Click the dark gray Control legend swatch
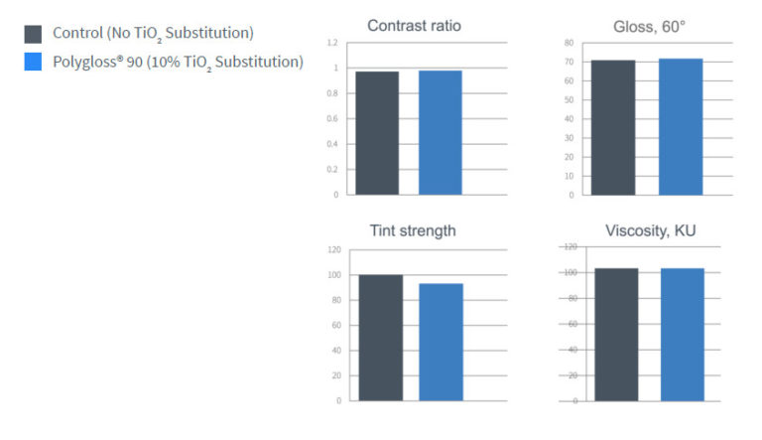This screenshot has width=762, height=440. point(34,35)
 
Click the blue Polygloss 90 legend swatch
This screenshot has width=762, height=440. point(34,63)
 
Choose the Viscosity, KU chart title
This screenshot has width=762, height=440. point(651,230)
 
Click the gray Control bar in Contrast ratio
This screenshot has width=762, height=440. point(378,133)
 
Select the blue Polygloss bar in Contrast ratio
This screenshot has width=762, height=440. point(440,132)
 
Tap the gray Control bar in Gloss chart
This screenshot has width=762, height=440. point(613,127)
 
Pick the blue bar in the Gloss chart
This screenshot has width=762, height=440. point(681,126)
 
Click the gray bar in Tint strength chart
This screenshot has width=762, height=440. point(381,338)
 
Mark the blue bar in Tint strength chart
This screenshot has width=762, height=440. point(441,342)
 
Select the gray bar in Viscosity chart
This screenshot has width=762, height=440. point(616,335)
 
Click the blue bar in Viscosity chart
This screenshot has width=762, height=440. point(682,335)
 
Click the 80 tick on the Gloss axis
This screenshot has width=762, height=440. point(569,43)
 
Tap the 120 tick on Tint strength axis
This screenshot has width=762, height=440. point(332,249)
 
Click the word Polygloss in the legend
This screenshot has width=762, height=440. point(86,62)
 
